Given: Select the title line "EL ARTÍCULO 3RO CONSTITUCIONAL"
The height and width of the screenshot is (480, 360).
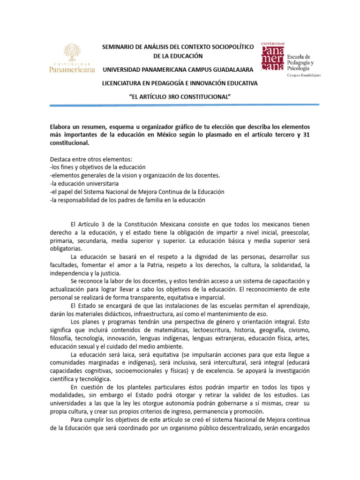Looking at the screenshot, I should (x=180, y=97).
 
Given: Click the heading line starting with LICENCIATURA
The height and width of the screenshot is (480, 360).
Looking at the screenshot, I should (x=180, y=83).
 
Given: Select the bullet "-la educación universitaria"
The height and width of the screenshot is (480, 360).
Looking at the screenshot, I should (x=84, y=184).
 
